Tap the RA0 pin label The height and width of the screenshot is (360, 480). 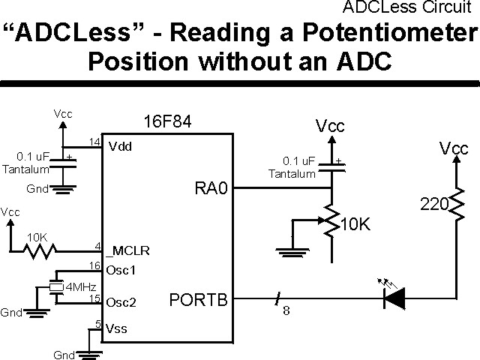210,189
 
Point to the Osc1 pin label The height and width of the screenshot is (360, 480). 121,269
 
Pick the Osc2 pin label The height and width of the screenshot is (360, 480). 121,302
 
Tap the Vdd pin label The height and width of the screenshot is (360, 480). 120,145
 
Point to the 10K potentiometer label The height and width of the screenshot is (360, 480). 357,224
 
